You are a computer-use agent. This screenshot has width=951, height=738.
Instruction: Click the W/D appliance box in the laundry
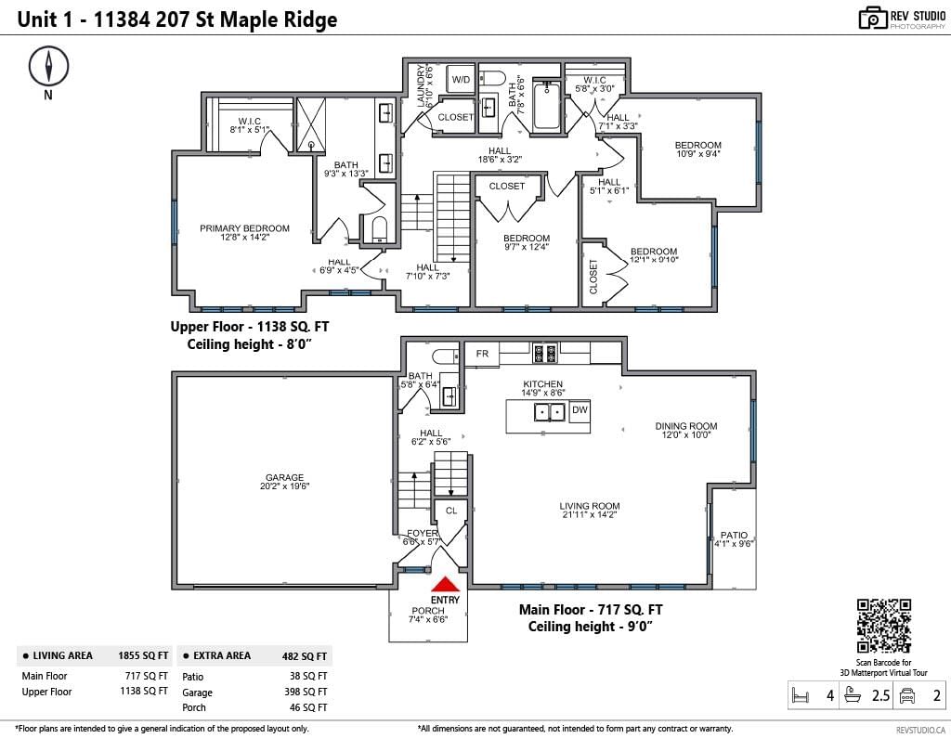click(461, 79)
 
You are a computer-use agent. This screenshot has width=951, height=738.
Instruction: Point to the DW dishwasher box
click(580, 410)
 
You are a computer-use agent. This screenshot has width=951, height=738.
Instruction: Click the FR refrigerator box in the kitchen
click(482, 354)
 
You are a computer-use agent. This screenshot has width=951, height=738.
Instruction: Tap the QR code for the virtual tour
click(884, 626)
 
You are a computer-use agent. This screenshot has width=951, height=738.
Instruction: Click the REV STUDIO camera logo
click(873, 18)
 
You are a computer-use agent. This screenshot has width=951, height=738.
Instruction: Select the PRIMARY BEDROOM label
click(245, 228)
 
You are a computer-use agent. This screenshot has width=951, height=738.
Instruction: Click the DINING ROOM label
click(686, 426)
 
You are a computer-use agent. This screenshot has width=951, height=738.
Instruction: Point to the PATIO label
click(734, 535)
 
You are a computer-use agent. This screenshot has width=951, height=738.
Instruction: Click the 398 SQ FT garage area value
click(307, 692)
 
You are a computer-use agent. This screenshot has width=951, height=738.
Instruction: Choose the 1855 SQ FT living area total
click(143, 655)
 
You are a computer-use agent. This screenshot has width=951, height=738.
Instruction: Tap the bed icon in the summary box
click(800, 695)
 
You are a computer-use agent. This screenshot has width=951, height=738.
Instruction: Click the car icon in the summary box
click(906, 695)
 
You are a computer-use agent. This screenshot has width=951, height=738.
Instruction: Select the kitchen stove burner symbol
click(544, 353)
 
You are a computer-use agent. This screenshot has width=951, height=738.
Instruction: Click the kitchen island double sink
click(550, 412)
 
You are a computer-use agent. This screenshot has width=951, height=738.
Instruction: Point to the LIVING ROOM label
click(590, 506)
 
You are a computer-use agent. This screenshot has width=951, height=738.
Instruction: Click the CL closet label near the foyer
click(451, 511)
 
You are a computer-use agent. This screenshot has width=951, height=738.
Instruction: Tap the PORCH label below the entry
click(427, 611)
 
